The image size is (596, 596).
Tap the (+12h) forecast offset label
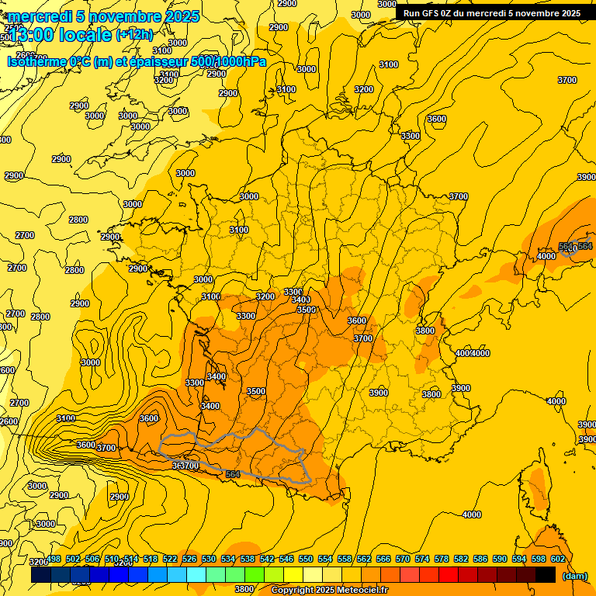[x=134, y=34]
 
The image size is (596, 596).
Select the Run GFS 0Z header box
[x=491, y=13]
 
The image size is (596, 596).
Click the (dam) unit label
[x=574, y=576]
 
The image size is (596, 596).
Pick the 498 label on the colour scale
[x=54, y=559]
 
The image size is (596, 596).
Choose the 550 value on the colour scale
[x=306, y=559]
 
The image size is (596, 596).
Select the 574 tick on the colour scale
[x=422, y=559]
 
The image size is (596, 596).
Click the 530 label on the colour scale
[x=209, y=559]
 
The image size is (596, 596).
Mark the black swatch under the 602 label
[x=546, y=575]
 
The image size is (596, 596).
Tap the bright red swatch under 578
[x=449, y=575]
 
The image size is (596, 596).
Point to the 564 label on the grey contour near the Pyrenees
[x=232, y=474]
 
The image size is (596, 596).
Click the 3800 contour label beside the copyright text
[x=244, y=589]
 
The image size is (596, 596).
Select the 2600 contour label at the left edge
[x=8, y=421]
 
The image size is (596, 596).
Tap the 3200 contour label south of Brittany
[x=265, y=296]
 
